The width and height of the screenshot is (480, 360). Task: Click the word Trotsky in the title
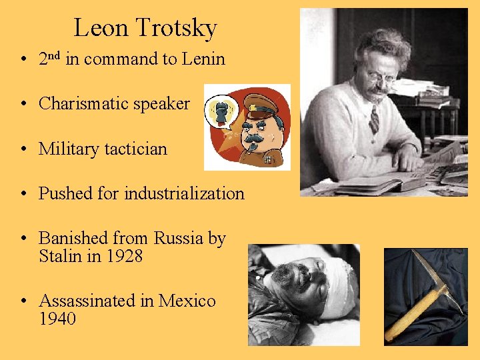pyautogui.click(x=177, y=28)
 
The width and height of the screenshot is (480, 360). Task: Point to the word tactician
pyautogui.click(x=135, y=149)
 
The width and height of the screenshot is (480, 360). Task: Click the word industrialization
pyautogui.click(x=184, y=194)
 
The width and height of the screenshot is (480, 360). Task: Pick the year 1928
pyautogui.click(x=125, y=255)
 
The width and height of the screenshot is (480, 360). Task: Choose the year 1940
pyautogui.click(x=57, y=319)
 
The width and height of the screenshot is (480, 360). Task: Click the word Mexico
pyautogui.click(x=187, y=301)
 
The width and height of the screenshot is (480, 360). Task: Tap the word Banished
pyautogui.click(x=71, y=239)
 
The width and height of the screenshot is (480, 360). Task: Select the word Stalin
pyautogui.click(x=60, y=255)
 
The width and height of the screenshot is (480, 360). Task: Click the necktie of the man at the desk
pyautogui.click(x=375, y=120)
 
